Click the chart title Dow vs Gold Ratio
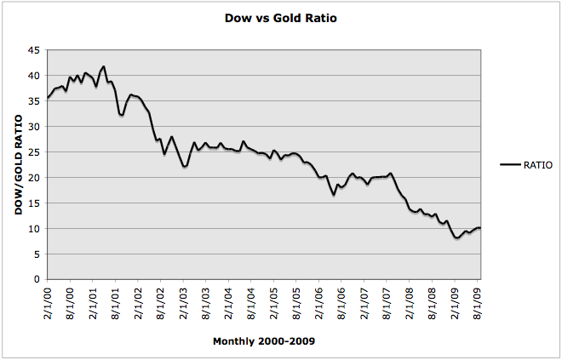(280, 18)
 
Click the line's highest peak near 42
(104, 66)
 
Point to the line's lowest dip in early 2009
(457, 237)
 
